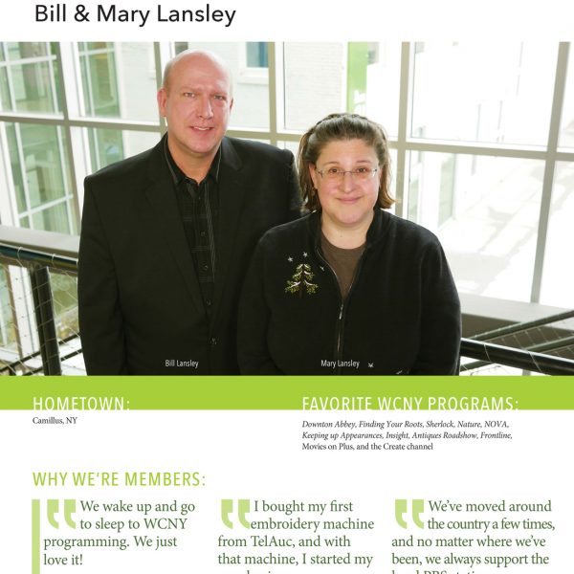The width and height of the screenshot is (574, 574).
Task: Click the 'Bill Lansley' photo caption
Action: (x=182, y=364)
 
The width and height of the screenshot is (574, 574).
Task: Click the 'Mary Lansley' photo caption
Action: (x=340, y=364)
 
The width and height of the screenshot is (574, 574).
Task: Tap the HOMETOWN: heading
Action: (x=81, y=404)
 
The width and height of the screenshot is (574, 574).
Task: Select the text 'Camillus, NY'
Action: (x=55, y=421)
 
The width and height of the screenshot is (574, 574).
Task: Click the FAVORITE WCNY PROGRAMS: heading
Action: (x=410, y=404)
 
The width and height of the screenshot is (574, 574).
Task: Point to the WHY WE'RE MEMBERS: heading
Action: (x=119, y=479)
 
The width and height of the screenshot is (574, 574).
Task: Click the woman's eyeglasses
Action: (x=347, y=172)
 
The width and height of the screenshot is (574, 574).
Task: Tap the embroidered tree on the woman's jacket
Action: (x=301, y=278)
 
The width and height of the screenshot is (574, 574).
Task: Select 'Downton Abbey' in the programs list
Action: (x=331, y=424)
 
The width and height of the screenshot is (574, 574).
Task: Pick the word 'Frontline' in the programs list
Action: (x=492, y=435)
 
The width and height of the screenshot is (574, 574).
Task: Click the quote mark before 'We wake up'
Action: (x=61, y=514)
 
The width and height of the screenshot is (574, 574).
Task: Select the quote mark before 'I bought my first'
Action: (x=234, y=514)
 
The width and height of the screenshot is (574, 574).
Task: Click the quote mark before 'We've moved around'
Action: (x=409, y=514)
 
